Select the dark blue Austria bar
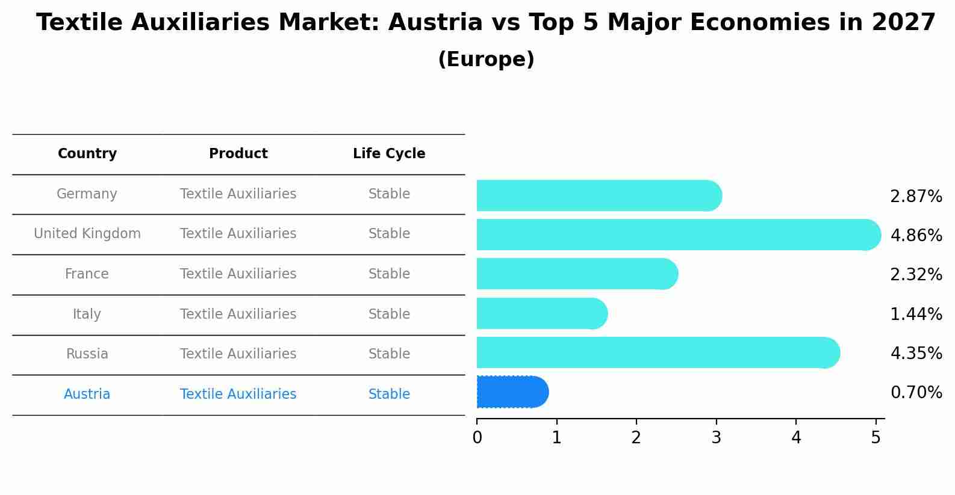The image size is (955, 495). [512, 392]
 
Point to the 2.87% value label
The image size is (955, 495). [916, 197]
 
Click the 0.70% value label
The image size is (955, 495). [916, 393]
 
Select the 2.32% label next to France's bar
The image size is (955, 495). [916, 275]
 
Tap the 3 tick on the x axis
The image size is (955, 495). [716, 438]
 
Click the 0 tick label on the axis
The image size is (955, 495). [477, 438]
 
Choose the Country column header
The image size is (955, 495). [87, 154]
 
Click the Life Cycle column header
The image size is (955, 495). [389, 154]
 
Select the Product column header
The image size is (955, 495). [238, 154]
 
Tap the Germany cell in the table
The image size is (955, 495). [87, 194]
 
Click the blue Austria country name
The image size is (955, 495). [87, 395]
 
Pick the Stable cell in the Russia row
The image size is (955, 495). [389, 354]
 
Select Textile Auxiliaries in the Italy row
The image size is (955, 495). [238, 314]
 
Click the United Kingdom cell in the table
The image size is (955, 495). [87, 234]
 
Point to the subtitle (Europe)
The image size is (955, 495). [486, 60]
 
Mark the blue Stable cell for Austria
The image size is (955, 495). [389, 395]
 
